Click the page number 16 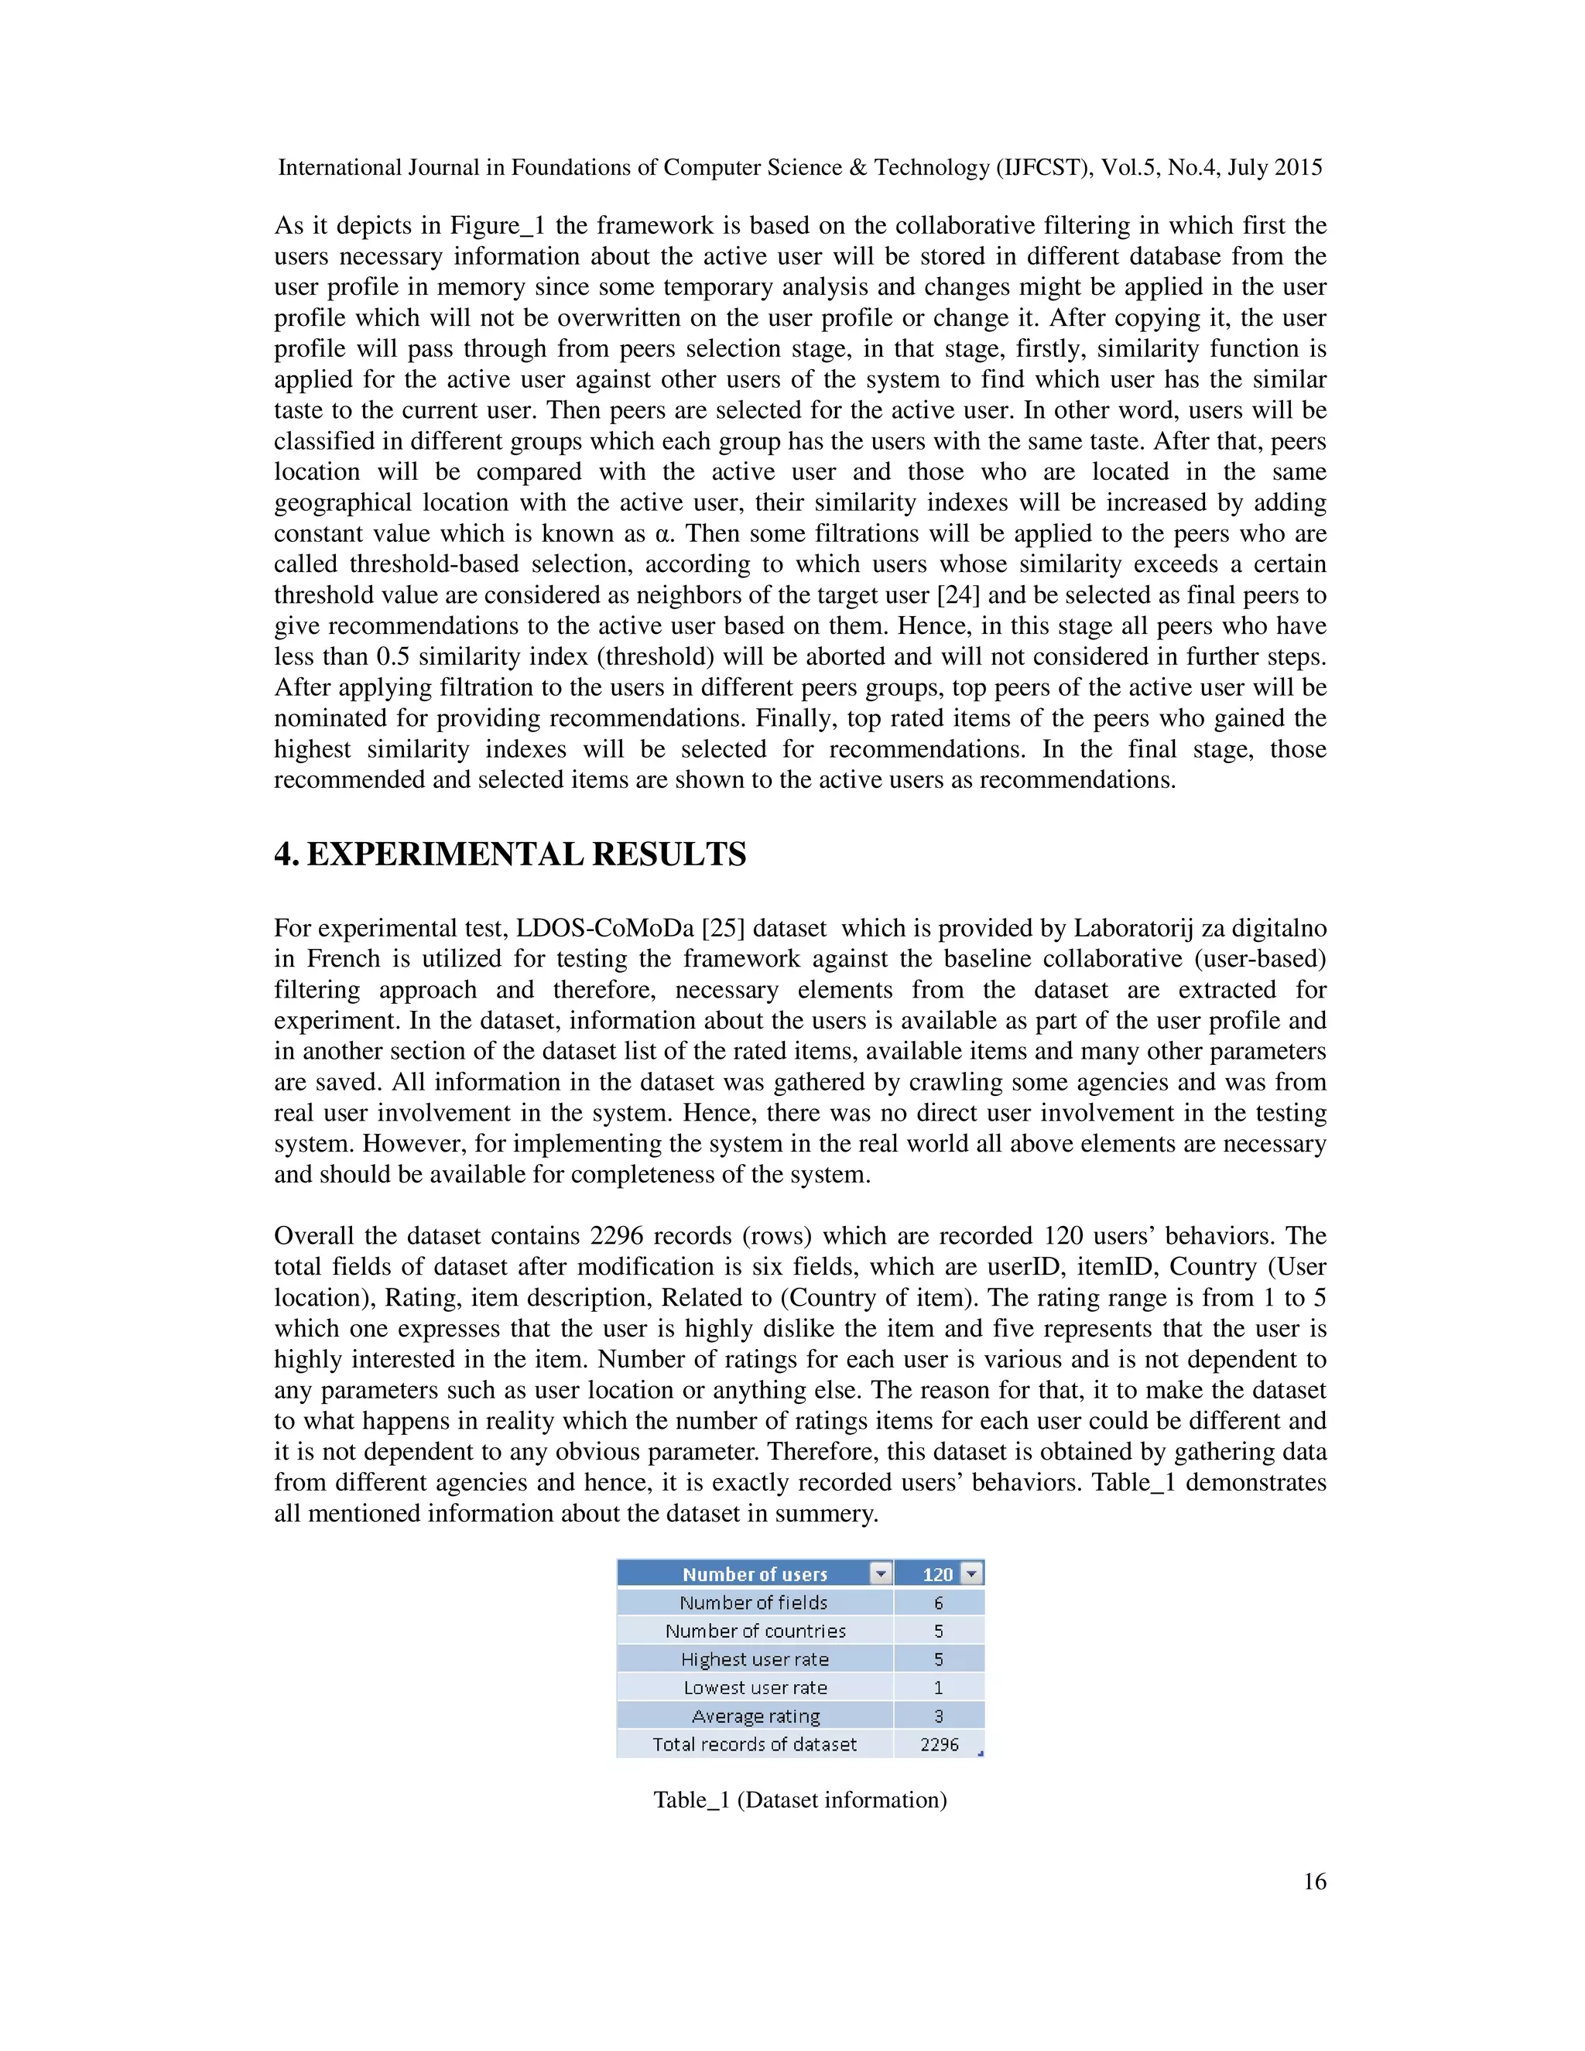1313,1881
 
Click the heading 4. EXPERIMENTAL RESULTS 510,854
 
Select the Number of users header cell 754,1574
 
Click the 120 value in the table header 936,1574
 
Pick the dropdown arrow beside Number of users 880,1573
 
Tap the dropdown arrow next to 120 972,1573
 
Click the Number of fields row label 754,1602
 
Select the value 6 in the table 938,1602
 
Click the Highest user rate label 755,1659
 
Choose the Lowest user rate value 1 938,1687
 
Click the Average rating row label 755,1716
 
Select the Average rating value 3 938,1716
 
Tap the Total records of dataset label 755,1744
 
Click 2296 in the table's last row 939,1744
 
